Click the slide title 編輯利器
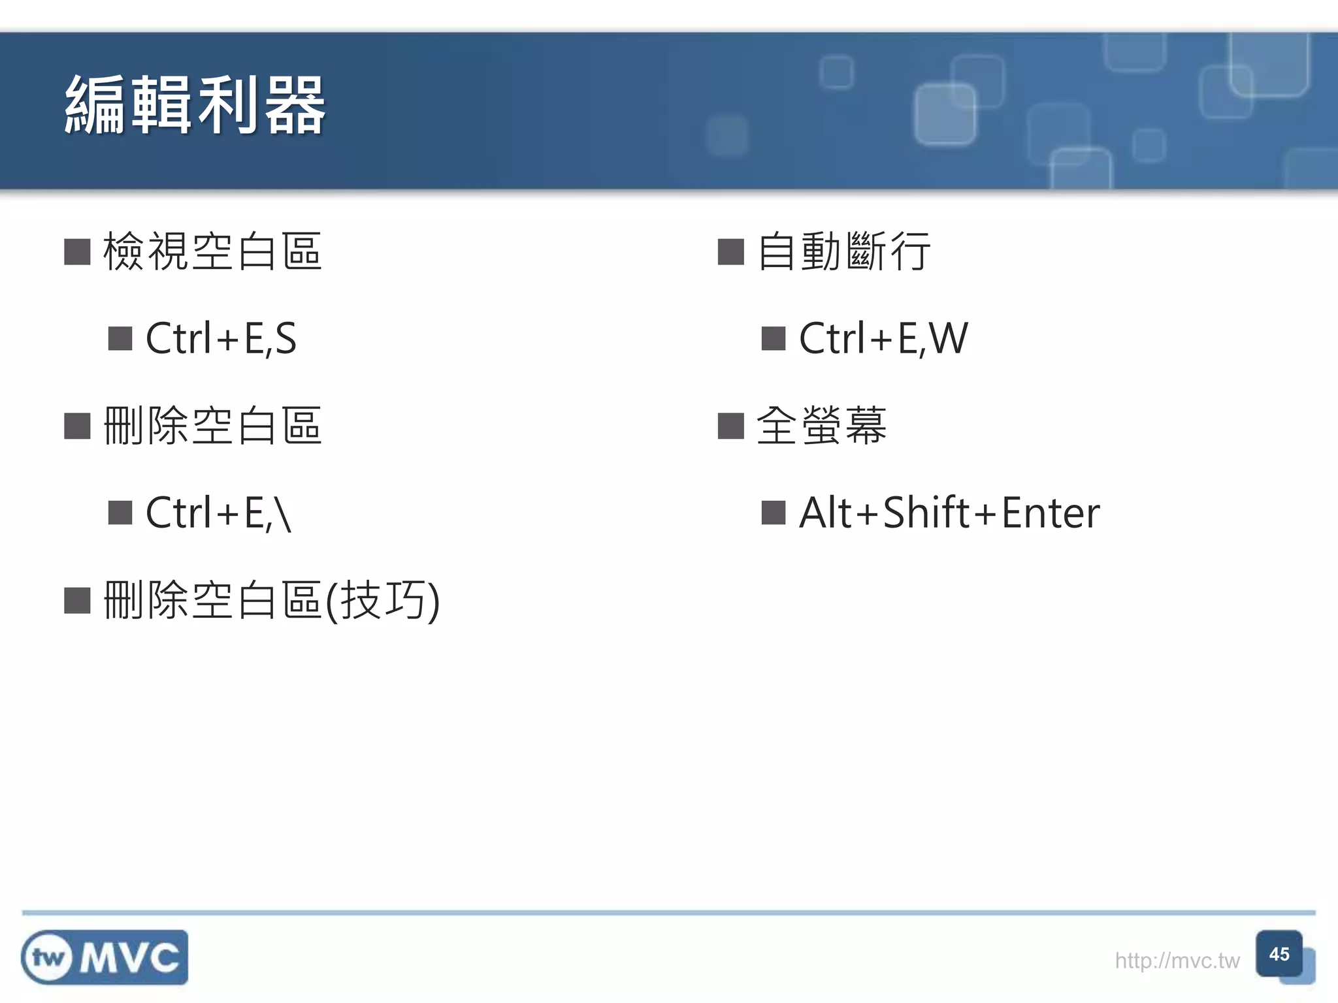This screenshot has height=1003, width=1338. (x=195, y=106)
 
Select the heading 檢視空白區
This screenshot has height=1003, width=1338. (x=212, y=251)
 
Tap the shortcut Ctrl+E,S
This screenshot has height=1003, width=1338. (x=221, y=338)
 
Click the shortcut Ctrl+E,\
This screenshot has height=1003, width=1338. (x=218, y=513)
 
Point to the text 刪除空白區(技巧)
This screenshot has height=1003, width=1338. (x=271, y=600)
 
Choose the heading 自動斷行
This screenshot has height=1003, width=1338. (x=843, y=251)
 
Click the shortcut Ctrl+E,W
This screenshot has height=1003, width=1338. (x=883, y=338)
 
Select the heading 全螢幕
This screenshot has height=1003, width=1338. (x=821, y=426)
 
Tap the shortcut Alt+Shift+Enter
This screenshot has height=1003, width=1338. (x=949, y=513)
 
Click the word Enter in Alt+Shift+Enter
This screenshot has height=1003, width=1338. (x=1051, y=513)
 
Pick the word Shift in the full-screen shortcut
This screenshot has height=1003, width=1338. (x=926, y=513)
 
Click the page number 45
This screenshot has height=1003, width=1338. (x=1279, y=954)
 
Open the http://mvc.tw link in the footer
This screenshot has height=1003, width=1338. (x=1177, y=961)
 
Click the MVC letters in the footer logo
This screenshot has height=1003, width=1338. (x=129, y=958)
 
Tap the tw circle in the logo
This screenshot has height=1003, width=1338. (x=48, y=958)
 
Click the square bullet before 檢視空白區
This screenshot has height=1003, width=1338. (x=77, y=252)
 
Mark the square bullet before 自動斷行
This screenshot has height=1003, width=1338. (x=730, y=252)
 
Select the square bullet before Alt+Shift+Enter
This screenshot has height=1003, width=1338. (x=774, y=513)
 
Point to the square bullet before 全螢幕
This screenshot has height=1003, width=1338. (x=730, y=426)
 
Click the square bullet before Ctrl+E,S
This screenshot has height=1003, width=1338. (x=120, y=339)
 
